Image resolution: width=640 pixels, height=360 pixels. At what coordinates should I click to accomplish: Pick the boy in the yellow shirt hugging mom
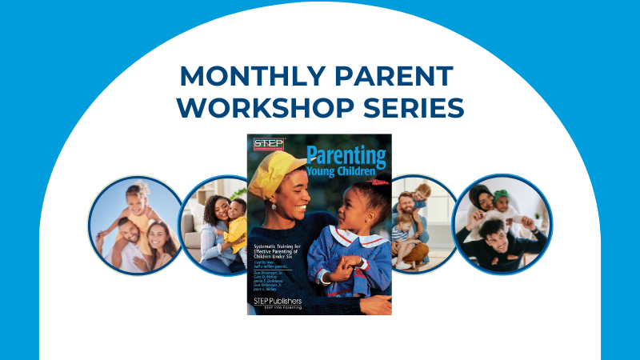tap(234, 223)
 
